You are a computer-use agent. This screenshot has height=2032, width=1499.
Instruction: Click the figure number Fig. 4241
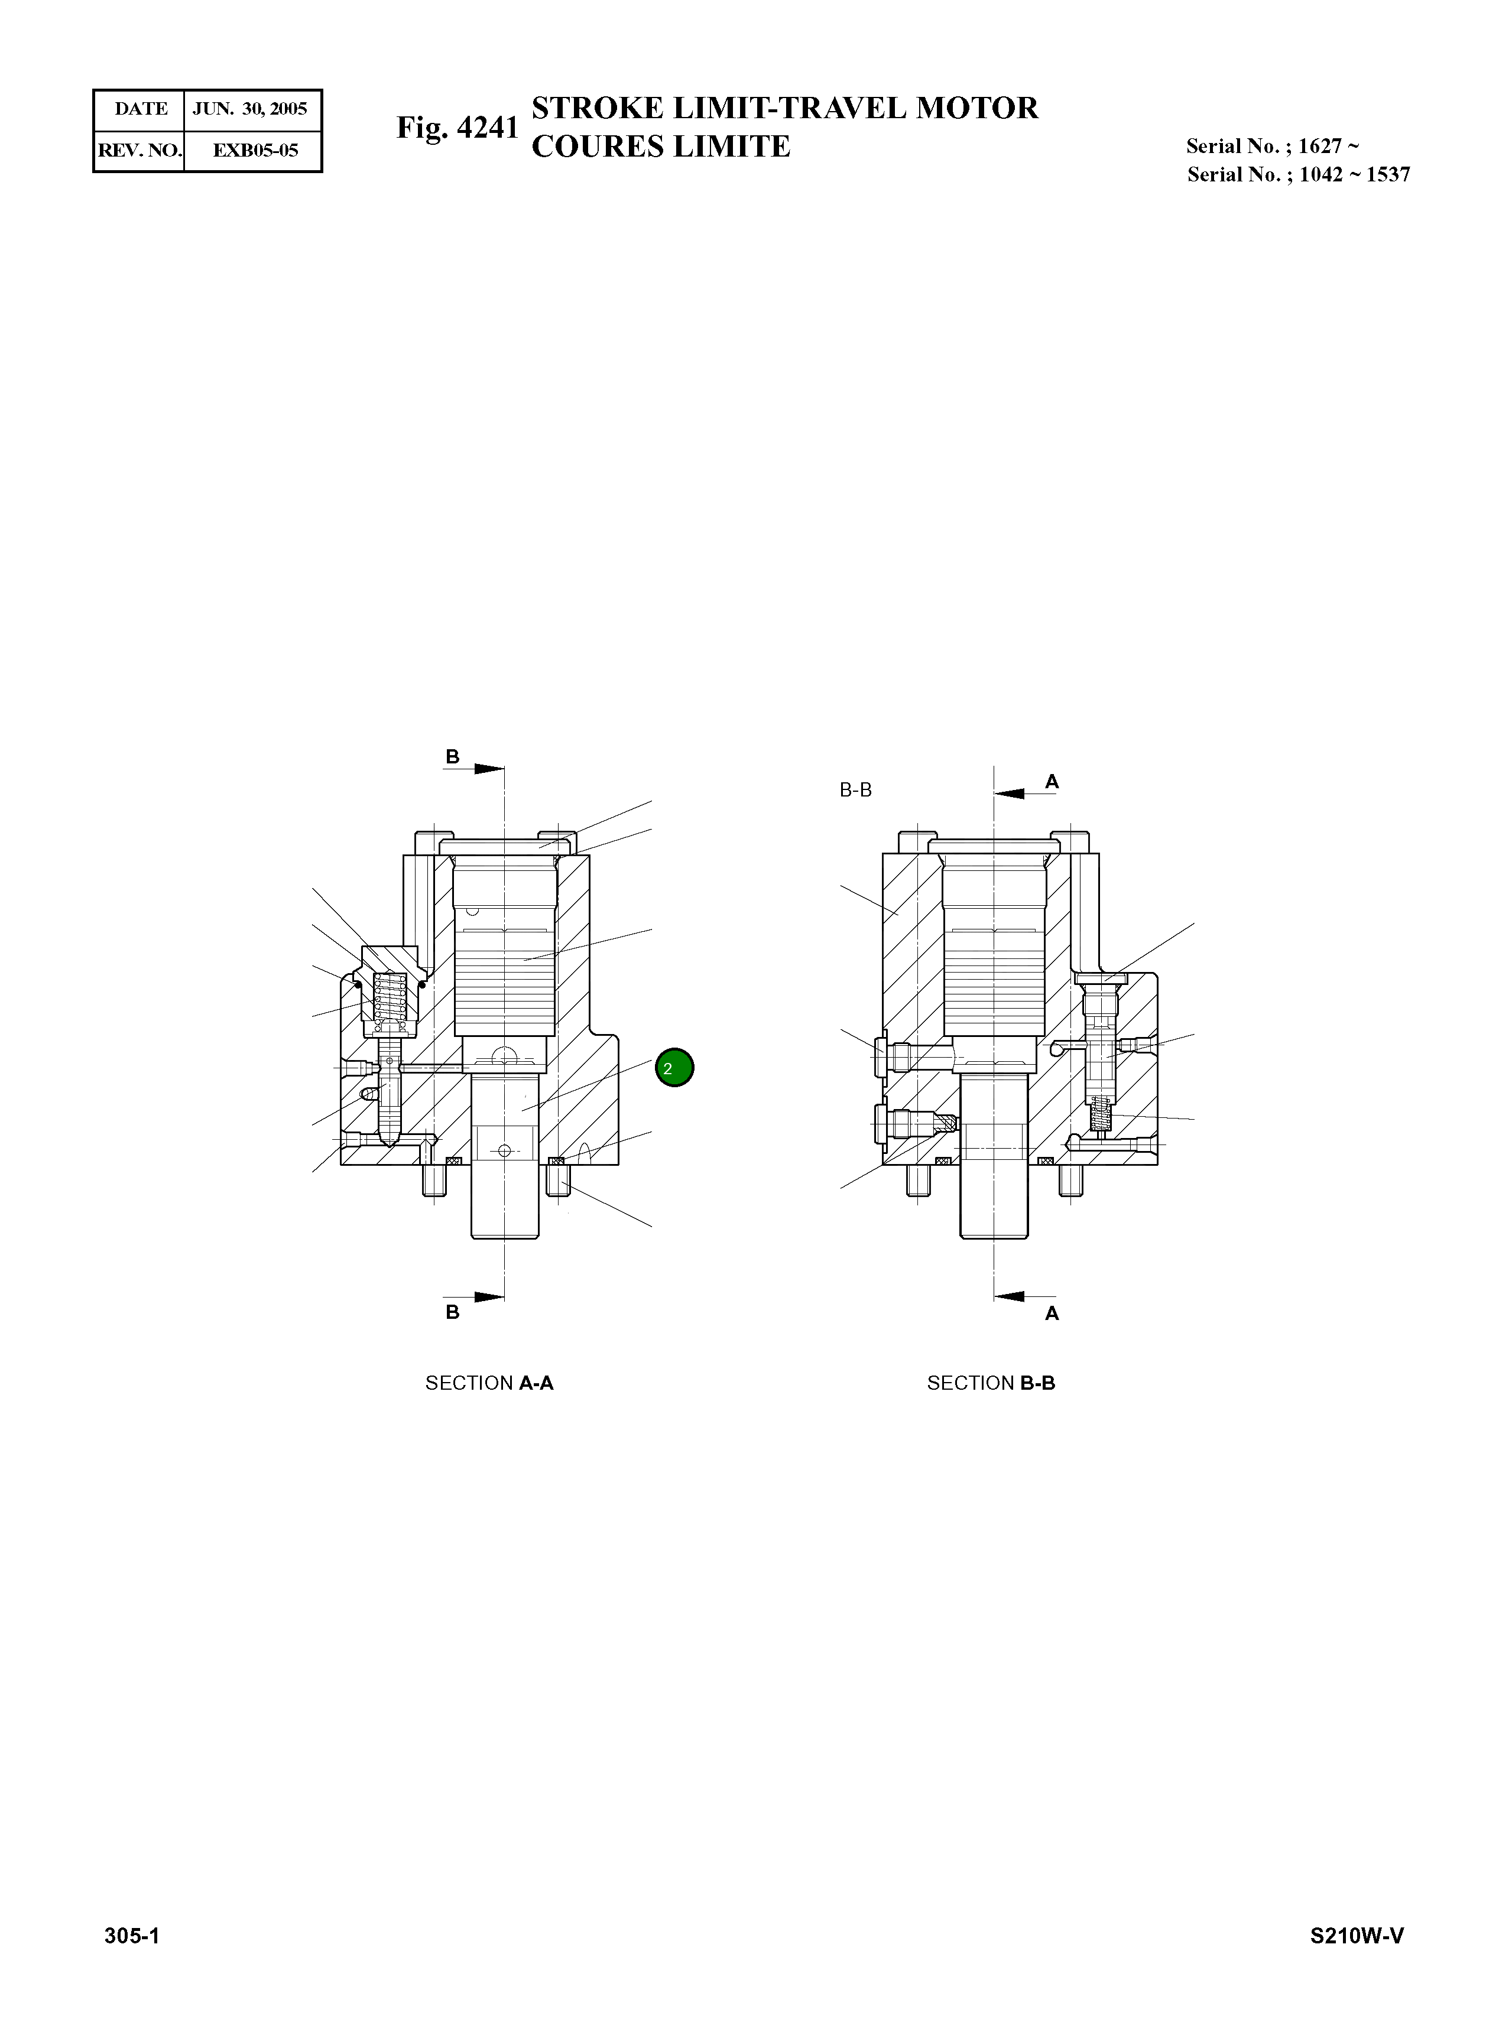click(458, 128)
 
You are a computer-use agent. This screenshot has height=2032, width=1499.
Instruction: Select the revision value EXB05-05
click(255, 151)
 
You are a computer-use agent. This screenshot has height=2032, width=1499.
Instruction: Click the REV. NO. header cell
click(139, 151)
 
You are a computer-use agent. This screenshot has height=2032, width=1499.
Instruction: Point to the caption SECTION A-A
click(489, 1383)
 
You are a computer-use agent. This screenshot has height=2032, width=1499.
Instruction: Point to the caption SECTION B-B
click(991, 1383)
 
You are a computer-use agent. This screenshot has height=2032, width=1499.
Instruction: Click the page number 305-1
click(132, 1936)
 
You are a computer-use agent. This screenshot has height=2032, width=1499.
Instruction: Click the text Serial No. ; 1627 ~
click(1272, 146)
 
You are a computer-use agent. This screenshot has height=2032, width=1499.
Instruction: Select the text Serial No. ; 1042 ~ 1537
click(1299, 174)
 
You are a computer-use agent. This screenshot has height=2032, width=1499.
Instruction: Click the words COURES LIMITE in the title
click(661, 146)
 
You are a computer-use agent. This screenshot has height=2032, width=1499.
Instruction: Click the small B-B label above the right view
click(856, 790)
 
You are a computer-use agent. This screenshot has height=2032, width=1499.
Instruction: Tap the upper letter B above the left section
click(452, 756)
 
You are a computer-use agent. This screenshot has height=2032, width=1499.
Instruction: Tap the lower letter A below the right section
click(1052, 1313)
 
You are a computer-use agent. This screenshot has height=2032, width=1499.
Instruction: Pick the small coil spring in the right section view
click(1101, 1115)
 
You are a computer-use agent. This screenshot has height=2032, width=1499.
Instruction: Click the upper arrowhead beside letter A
click(1011, 793)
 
